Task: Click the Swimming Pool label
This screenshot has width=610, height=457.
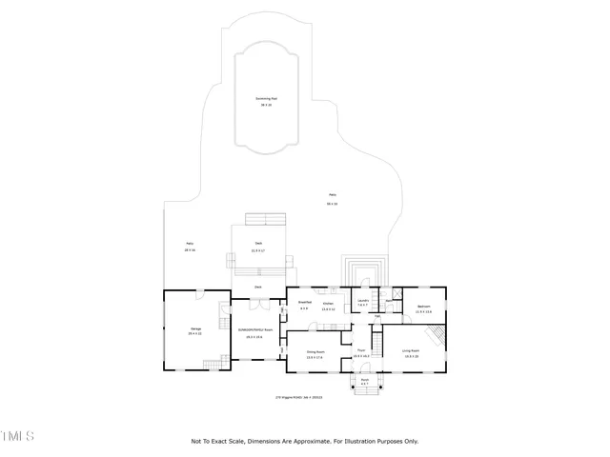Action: coord(266,100)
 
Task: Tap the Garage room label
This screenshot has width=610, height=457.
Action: coord(194,331)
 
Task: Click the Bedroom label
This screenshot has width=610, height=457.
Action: coord(424,308)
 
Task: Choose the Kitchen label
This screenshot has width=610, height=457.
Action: coord(329,306)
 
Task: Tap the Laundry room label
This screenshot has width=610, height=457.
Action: coord(363,302)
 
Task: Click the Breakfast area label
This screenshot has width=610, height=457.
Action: coord(304,305)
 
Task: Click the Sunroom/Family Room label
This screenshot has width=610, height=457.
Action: coord(254,333)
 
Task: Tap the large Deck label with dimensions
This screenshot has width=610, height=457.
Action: coord(258,247)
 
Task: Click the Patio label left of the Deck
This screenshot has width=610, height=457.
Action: coord(190,246)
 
